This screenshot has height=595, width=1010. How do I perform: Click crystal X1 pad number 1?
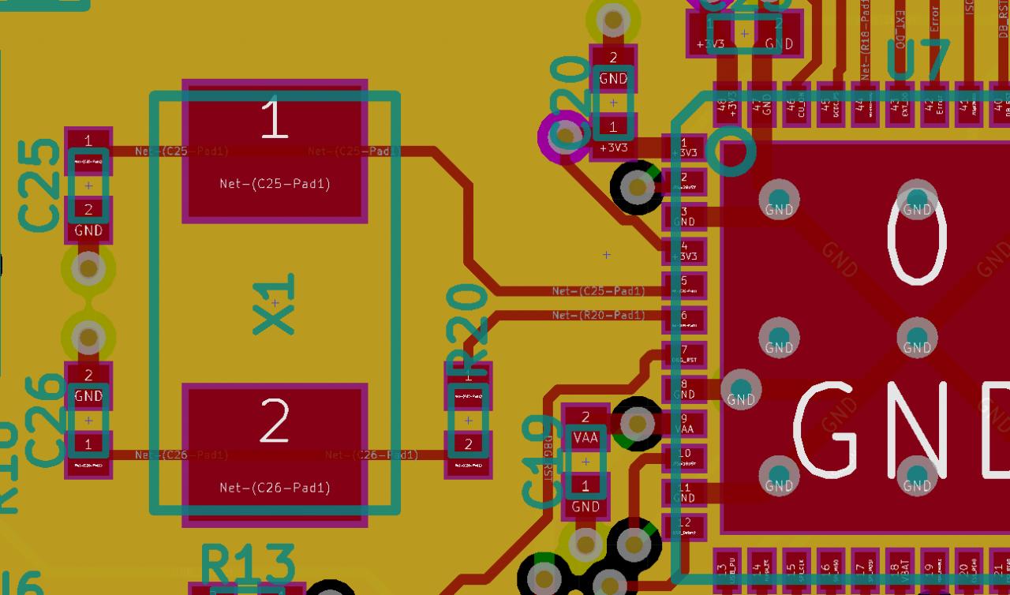(275, 151)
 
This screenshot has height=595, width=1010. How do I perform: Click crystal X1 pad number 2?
(275, 455)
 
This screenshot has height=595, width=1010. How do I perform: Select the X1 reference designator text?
(275, 303)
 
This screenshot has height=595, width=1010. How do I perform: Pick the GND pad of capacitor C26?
(88, 386)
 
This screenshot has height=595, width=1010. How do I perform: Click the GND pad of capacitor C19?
(585, 496)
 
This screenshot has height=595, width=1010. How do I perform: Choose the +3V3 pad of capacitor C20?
(613, 136)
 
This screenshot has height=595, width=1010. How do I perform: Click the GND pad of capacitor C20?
(613, 68)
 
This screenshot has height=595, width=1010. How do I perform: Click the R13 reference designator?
(248, 563)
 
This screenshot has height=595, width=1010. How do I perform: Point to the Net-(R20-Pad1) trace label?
(598, 315)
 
